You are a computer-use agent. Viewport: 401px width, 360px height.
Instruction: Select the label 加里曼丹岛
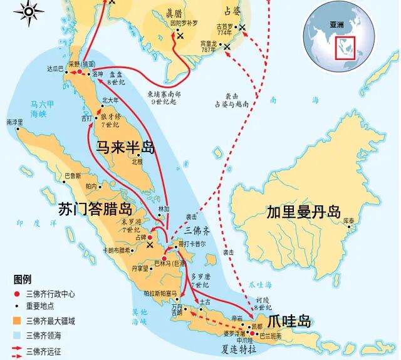(x=302, y=211)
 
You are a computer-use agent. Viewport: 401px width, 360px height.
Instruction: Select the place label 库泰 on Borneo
(x=348, y=221)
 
